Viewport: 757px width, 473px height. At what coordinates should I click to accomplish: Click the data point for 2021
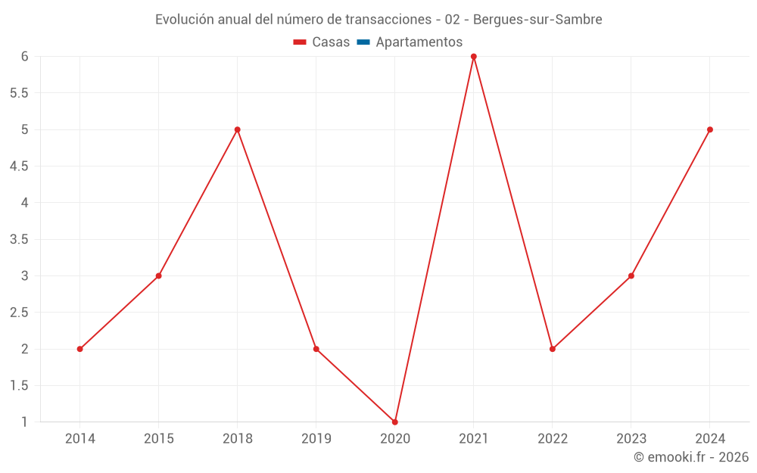pos(474,57)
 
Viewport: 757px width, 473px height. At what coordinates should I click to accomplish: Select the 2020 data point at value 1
pos(395,422)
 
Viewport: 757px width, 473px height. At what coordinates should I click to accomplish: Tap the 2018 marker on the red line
pos(238,129)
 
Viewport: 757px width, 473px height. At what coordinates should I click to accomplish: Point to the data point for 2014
pos(80,349)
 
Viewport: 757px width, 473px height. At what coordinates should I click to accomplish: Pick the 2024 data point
pos(710,129)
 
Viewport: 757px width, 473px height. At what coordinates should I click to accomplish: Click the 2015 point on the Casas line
pos(159,275)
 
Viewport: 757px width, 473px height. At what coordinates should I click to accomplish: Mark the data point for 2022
pos(553,349)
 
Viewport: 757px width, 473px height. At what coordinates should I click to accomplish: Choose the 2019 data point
pos(316,349)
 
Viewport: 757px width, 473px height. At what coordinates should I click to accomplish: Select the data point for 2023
pos(631,275)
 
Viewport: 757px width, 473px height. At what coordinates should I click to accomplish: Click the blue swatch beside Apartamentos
pos(363,42)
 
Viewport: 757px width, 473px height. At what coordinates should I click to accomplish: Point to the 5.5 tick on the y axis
pos(19,93)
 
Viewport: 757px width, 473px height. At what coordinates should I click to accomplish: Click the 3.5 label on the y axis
pos(19,239)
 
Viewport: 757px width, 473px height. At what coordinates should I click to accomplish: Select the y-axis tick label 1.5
pos(19,385)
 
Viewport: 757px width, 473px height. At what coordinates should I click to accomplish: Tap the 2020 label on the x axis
pos(395,438)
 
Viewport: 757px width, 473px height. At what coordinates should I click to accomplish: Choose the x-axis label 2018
pos(238,438)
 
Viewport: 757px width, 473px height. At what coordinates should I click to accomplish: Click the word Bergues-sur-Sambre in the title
pos(537,20)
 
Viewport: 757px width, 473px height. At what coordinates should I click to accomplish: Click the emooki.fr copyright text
pos(691,457)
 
